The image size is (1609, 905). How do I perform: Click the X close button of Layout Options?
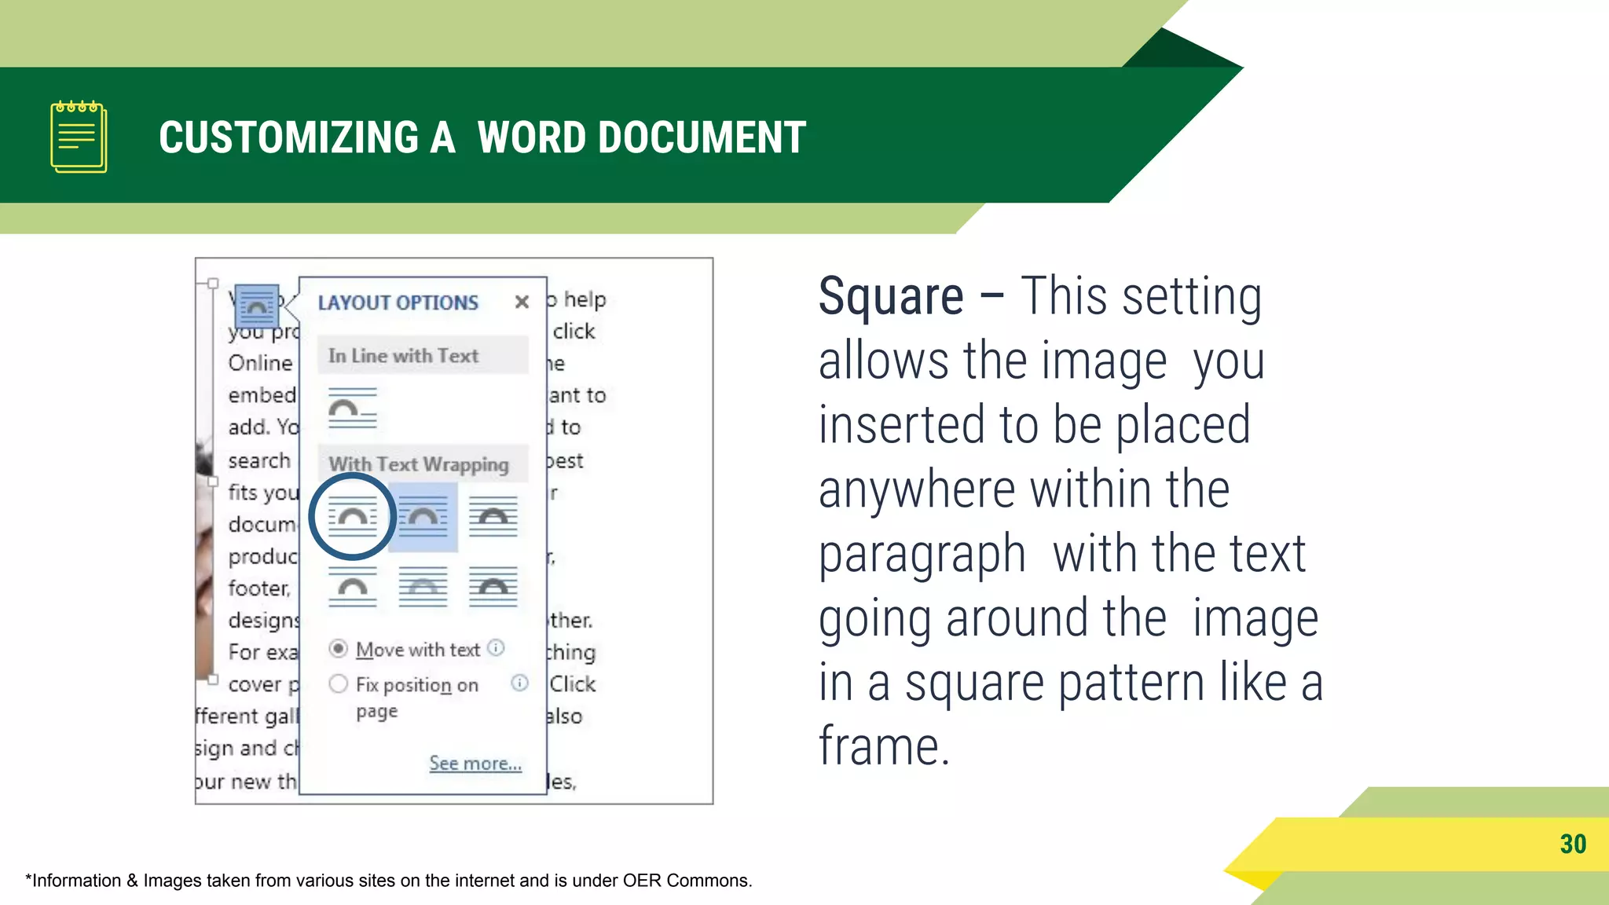pos(522,302)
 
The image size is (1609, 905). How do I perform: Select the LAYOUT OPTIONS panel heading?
pos(398,302)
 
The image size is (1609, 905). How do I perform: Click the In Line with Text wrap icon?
pos(352,409)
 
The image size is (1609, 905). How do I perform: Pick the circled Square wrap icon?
pos(352,517)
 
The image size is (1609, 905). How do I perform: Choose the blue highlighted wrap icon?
pos(423,517)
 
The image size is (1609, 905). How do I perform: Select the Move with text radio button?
pos(339,649)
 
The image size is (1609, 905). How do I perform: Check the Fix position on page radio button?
pos(339,684)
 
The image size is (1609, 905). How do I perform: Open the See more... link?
pos(475,763)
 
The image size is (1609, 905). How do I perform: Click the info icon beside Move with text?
pos(496,648)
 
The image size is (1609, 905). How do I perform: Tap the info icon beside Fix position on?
pos(519,683)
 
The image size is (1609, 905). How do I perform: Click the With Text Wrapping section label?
pos(419,464)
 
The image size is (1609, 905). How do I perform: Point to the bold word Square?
pos(891,297)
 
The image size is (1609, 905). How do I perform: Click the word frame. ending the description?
pos(884,746)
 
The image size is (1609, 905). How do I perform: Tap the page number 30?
pos(1573,845)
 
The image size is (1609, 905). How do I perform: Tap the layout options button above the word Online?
pos(256,306)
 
